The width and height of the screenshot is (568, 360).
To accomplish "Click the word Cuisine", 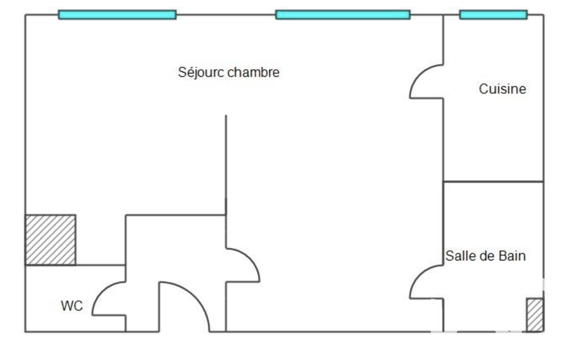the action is [x=503, y=89].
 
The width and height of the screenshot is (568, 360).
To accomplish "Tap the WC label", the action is [x=71, y=306].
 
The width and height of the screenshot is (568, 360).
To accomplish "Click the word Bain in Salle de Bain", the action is [x=512, y=256].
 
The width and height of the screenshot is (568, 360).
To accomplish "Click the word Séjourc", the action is [x=202, y=73].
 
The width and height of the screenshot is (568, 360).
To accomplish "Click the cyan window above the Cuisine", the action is [x=493, y=15].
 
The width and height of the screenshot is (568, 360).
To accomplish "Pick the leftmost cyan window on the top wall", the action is [x=117, y=15].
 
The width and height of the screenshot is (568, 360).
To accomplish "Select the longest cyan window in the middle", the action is [x=342, y=15].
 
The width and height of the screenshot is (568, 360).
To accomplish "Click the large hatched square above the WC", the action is [x=50, y=240].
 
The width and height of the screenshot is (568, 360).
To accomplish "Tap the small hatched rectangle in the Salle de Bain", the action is [x=535, y=315].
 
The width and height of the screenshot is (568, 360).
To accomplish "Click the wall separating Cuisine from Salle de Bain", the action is [x=493, y=182].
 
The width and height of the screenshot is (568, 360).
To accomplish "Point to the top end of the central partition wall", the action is [x=226, y=116].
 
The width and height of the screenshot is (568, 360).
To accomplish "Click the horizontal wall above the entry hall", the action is [x=176, y=215].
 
